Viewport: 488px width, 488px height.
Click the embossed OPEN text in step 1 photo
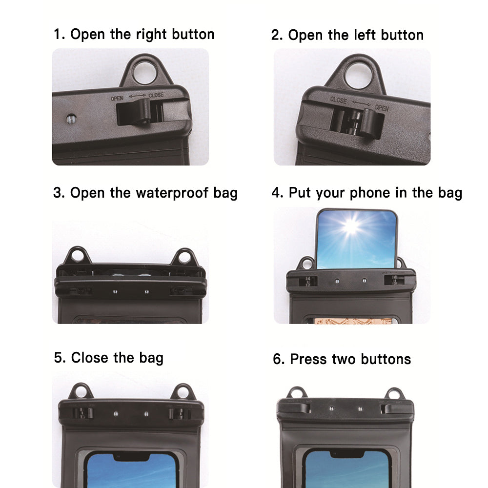coord(117,99)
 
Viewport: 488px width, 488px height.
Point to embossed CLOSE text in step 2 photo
coord(338,100)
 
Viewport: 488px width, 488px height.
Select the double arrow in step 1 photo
coord(137,96)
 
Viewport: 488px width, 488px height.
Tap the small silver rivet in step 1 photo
coord(71,119)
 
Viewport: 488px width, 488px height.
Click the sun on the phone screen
coord(351,225)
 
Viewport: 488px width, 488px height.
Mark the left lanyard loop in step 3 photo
coord(77,256)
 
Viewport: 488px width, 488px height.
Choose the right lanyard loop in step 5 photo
coord(183,392)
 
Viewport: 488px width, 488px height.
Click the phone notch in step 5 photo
coord(131,457)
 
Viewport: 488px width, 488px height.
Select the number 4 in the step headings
coord(276,193)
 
